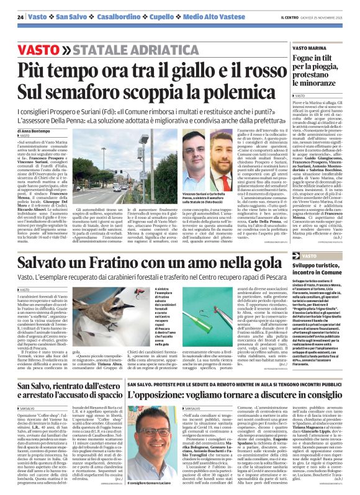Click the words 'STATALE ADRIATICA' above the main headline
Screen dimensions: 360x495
117,48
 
